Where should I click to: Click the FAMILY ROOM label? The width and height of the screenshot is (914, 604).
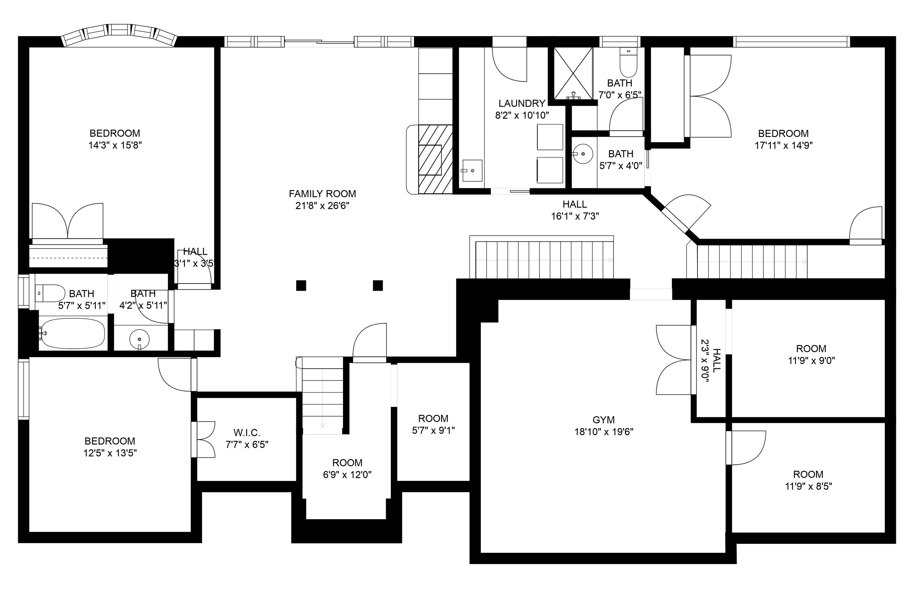pos(322,194)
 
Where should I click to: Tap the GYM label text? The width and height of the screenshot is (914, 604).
pos(603,420)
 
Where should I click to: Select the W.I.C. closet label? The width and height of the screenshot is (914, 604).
pos(247,432)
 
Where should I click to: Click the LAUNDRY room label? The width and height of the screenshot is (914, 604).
pos(522,103)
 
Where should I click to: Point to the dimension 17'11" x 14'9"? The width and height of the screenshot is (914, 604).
pos(783,145)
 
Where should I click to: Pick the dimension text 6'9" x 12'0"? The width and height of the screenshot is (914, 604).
pos(347,475)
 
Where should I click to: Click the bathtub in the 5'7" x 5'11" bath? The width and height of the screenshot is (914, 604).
pos(73,333)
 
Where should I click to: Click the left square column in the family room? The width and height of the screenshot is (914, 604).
pos(301,285)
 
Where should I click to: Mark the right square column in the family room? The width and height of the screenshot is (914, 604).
pos(378,285)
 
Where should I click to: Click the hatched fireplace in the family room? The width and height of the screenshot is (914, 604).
pos(435,159)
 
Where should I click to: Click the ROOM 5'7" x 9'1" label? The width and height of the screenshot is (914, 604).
pos(433,424)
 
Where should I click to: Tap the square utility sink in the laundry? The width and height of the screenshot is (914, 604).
pos(472,170)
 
